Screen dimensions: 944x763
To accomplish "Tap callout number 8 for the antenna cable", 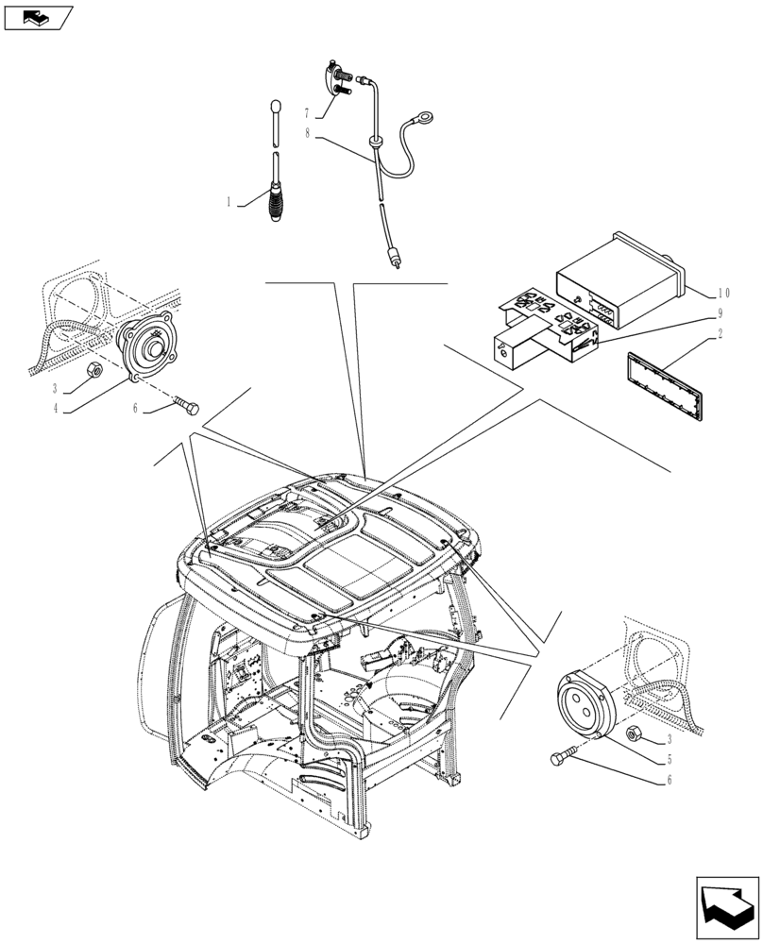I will tap(307, 135).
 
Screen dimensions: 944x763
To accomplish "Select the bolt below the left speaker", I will tap(186, 406).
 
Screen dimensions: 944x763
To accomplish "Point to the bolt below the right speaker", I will tap(563, 757).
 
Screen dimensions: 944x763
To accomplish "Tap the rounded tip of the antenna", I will tap(275, 106).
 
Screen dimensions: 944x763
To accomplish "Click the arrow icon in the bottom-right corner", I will tap(726, 909).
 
